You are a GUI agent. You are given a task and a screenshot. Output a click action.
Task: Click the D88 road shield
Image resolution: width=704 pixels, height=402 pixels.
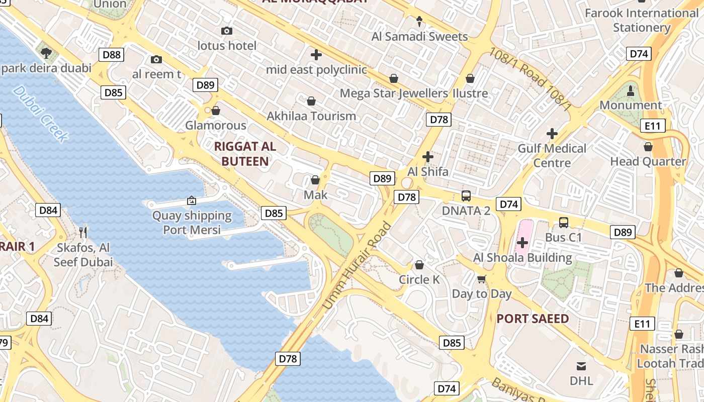tap(111, 54)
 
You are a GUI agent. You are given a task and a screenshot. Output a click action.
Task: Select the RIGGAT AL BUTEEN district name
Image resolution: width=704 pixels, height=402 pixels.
tap(245, 154)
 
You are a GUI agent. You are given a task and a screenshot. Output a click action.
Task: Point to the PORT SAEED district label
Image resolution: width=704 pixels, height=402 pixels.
tap(533, 319)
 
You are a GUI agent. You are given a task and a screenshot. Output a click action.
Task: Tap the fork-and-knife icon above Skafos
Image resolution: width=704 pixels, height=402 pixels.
tap(83, 232)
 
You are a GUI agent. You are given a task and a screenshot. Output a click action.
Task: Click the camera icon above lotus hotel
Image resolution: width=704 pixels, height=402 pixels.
tap(227, 31)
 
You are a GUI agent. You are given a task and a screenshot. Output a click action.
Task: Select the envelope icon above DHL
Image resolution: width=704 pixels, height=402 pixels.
tap(581, 366)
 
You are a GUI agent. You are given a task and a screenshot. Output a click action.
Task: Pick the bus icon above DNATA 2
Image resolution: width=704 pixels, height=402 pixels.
tap(466, 196)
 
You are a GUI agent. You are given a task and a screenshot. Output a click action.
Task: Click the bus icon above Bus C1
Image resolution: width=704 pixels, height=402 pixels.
tap(563, 222)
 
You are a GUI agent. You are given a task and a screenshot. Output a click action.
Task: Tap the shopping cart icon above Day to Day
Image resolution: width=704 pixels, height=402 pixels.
tap(482, 279)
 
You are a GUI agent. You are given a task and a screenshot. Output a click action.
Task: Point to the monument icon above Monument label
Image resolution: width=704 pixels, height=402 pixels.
tap(631, 91)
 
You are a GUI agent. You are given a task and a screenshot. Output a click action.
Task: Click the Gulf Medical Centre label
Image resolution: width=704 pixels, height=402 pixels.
tap(552, 155)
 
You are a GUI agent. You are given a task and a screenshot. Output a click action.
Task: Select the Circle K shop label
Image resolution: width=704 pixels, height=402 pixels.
tap(419, 279)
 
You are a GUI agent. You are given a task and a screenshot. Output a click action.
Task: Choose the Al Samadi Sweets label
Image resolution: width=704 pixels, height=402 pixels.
tap(419, 36)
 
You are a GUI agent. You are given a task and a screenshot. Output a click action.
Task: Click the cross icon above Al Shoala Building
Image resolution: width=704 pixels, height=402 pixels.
tap(522, 243)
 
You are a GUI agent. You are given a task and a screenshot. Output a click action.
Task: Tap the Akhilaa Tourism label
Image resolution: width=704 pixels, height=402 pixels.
tap(311, 116)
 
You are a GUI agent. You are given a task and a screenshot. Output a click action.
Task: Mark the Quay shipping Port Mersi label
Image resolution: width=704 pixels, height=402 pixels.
tap(192, 223)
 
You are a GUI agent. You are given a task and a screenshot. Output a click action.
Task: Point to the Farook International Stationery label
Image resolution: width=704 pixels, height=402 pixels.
tap(642, 20)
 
